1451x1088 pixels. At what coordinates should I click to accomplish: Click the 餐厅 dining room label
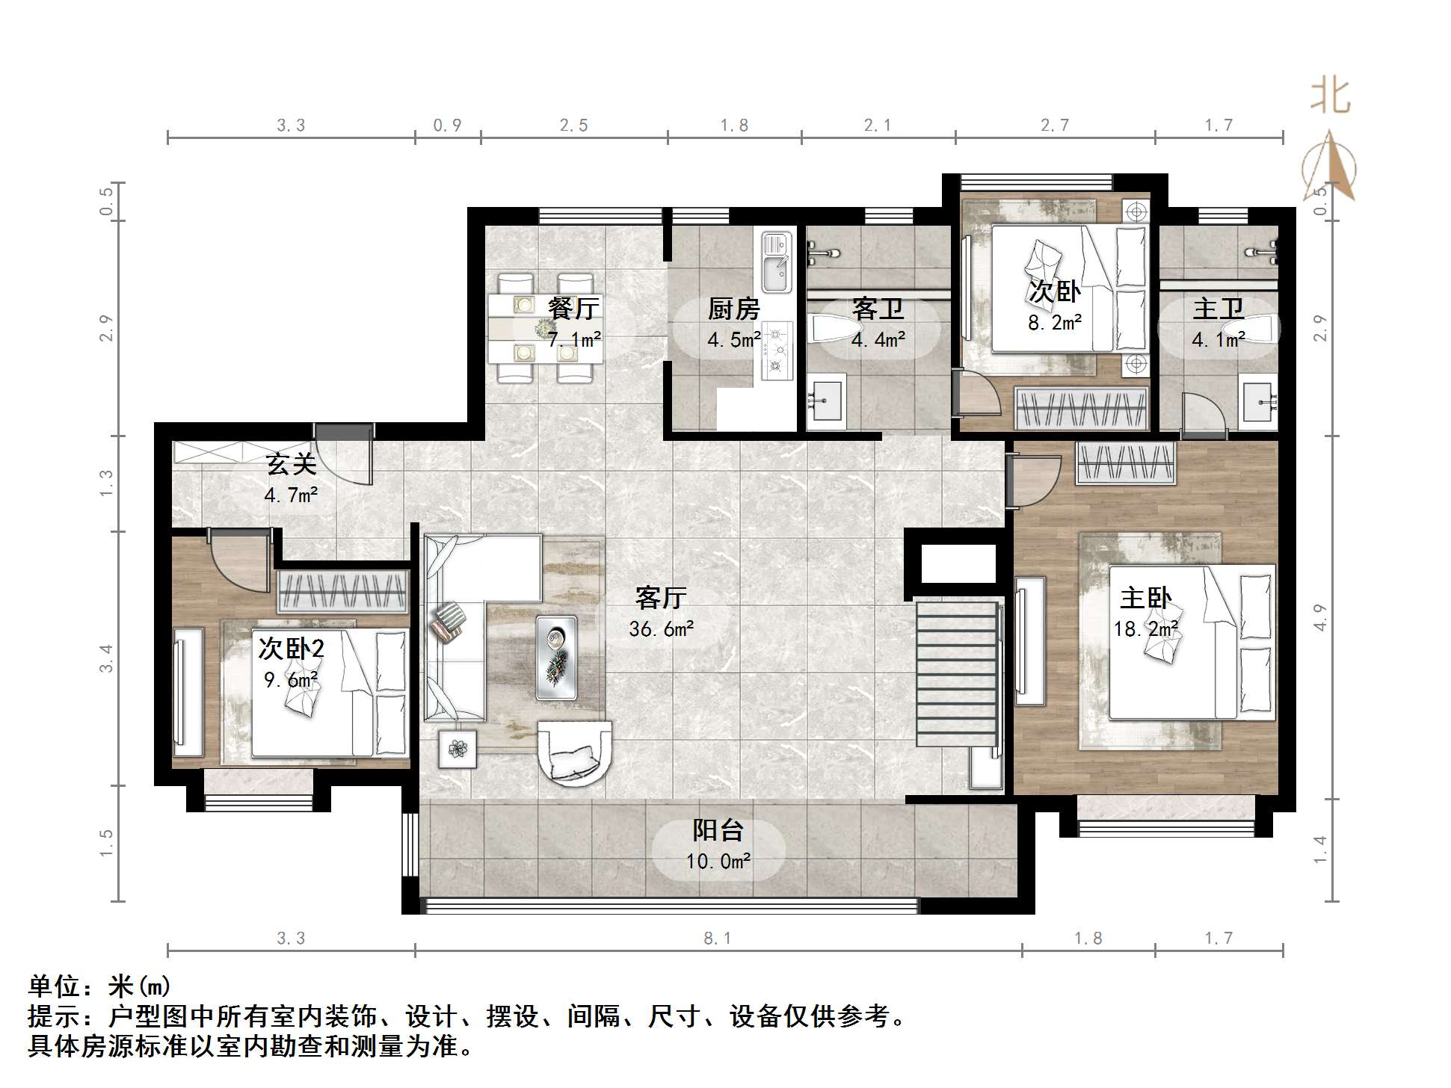pos(573,308)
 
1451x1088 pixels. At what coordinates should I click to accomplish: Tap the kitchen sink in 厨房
pos(776,262)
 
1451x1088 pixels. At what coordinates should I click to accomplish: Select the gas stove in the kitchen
pos(777,349)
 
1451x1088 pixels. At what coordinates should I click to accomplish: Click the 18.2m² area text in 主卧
pos(1145,629)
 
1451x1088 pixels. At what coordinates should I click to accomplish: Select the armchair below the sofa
pos(574,752)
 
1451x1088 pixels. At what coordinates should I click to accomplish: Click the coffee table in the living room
pos(556,658)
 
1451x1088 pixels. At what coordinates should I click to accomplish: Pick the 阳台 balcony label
pos(718,830)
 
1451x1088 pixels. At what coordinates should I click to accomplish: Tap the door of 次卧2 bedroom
pos(239,560)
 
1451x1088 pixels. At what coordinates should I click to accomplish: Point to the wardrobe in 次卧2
pos(343,592)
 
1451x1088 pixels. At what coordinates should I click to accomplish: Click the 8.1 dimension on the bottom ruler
pos(717,938)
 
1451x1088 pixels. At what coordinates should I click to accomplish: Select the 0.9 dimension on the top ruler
pos(447,126)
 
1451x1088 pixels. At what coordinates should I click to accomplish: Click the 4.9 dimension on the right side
pos(1320,617)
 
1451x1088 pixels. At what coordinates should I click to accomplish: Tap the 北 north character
pos(1331,97)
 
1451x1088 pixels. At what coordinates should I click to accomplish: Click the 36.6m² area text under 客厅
pos(661,629)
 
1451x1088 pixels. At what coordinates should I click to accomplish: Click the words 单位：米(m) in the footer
pos(99,987)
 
